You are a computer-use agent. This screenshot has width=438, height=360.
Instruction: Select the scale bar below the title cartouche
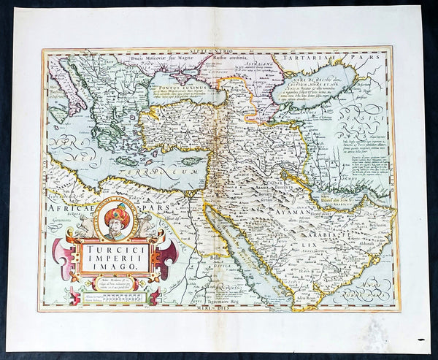coord(118,296)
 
